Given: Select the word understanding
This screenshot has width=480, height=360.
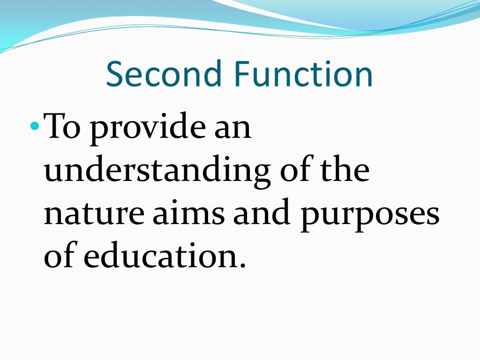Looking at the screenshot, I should (x=157, y=172).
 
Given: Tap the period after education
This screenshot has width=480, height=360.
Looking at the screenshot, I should (x=242, y=265).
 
